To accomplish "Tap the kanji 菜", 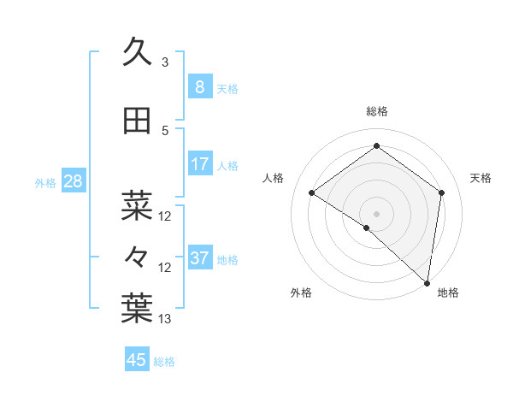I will coord(137,206).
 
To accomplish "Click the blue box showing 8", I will coord(199,86).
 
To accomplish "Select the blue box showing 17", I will coord(199,164).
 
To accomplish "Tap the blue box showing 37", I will coord(199,258).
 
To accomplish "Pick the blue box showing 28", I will coord(73,180).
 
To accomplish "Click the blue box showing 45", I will coord(137,359).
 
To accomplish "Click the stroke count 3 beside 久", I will coord(164,62).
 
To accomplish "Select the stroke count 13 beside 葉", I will coord(164,319).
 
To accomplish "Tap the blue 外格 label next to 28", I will coord(44,182).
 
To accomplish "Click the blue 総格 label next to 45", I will coord(164,362).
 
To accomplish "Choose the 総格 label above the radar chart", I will coord(376,112).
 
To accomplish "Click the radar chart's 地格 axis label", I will coord(448,293).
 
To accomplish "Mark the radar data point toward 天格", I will coord(441,192).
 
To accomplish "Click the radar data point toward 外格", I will coord(366,228).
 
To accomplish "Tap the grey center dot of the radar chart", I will coord(376,213).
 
